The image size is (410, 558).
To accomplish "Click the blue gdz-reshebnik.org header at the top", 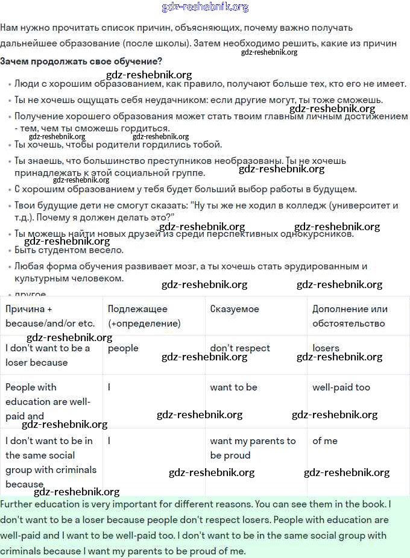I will point(205,7).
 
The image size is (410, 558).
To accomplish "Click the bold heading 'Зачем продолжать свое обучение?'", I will point(81,61).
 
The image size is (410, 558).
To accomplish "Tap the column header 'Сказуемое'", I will point(235,309).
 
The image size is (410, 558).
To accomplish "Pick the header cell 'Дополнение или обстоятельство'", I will point(350,316).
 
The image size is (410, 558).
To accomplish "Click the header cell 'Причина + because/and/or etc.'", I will point(50,316).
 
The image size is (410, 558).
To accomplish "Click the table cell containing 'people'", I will point(123,348).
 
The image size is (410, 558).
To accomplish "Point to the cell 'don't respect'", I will point(240,348).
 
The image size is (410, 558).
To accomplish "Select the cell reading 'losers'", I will point(326,348).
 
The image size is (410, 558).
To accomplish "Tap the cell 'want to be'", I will point(233,387).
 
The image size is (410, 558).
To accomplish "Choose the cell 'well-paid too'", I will point(341,387).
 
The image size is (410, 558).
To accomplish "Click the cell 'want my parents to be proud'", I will point(253,448).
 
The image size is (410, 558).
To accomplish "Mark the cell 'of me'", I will point(325,441).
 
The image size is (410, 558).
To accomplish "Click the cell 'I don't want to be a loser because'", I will point(48,355).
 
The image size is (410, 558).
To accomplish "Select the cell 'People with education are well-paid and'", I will point(48,401).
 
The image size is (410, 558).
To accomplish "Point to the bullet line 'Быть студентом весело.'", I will point(69,250).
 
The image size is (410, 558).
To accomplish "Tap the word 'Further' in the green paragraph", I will point(18,503).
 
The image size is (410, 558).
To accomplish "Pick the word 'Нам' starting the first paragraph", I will point(9,28).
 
